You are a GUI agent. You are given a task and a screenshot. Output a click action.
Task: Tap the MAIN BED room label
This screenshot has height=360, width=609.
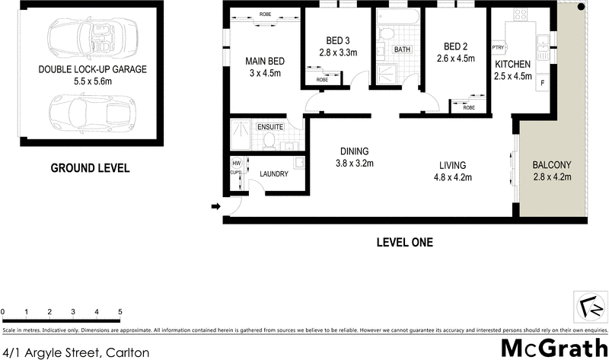pyautogui.click(x=265, y=61)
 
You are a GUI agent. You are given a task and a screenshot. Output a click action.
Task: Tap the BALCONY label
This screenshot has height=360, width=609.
pyautogui.click(x=551, y=165)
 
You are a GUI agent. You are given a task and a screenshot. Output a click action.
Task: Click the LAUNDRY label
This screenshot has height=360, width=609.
pyautogui.click(x=274, y=174)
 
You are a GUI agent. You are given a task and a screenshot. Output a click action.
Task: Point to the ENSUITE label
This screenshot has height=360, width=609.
pyautogui.click(x=270, y=126)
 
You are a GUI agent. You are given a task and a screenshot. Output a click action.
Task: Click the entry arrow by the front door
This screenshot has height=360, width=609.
pyautogui.click(x=216, y=206)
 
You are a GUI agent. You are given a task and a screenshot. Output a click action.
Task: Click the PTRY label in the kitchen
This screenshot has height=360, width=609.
pyautogui.click(x=499, y=47)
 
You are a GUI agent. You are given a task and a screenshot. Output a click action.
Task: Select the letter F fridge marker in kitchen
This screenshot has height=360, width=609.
pyautogui.click(x=542, y=81)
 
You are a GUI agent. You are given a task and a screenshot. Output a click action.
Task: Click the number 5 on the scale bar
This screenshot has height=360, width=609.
pyautogui.click(x=120, y=312)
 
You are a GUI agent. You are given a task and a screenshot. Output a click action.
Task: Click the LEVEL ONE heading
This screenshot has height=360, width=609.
pyautogui.click(x=404, y=244)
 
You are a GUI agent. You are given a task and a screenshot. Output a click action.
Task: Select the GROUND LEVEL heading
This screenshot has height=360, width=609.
pyautogui.click(x=90, y=168)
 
